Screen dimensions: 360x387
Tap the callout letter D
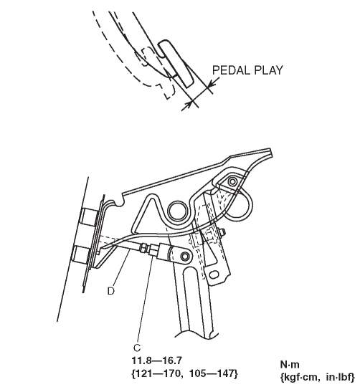(111, 291)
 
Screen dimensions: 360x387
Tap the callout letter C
(137, 348)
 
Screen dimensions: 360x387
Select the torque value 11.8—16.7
(157, 360)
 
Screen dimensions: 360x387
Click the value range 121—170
(160, 373)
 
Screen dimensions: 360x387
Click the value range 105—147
(212, 373)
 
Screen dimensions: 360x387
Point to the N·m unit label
(290, 365)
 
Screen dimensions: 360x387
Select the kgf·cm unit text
(302, 377)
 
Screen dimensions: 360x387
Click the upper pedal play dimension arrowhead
(212, 83)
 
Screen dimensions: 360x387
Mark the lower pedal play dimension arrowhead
(188, 105)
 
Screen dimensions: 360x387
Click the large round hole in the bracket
(178, 211)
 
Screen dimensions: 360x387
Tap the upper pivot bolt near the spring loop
(232, 182)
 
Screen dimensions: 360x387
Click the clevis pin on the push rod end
(185, 257)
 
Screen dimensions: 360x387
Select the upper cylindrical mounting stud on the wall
(89, 217)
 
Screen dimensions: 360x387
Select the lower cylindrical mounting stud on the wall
(82, 254)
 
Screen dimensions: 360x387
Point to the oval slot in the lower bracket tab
(214, 274)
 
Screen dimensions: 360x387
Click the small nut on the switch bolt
(222, 231)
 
